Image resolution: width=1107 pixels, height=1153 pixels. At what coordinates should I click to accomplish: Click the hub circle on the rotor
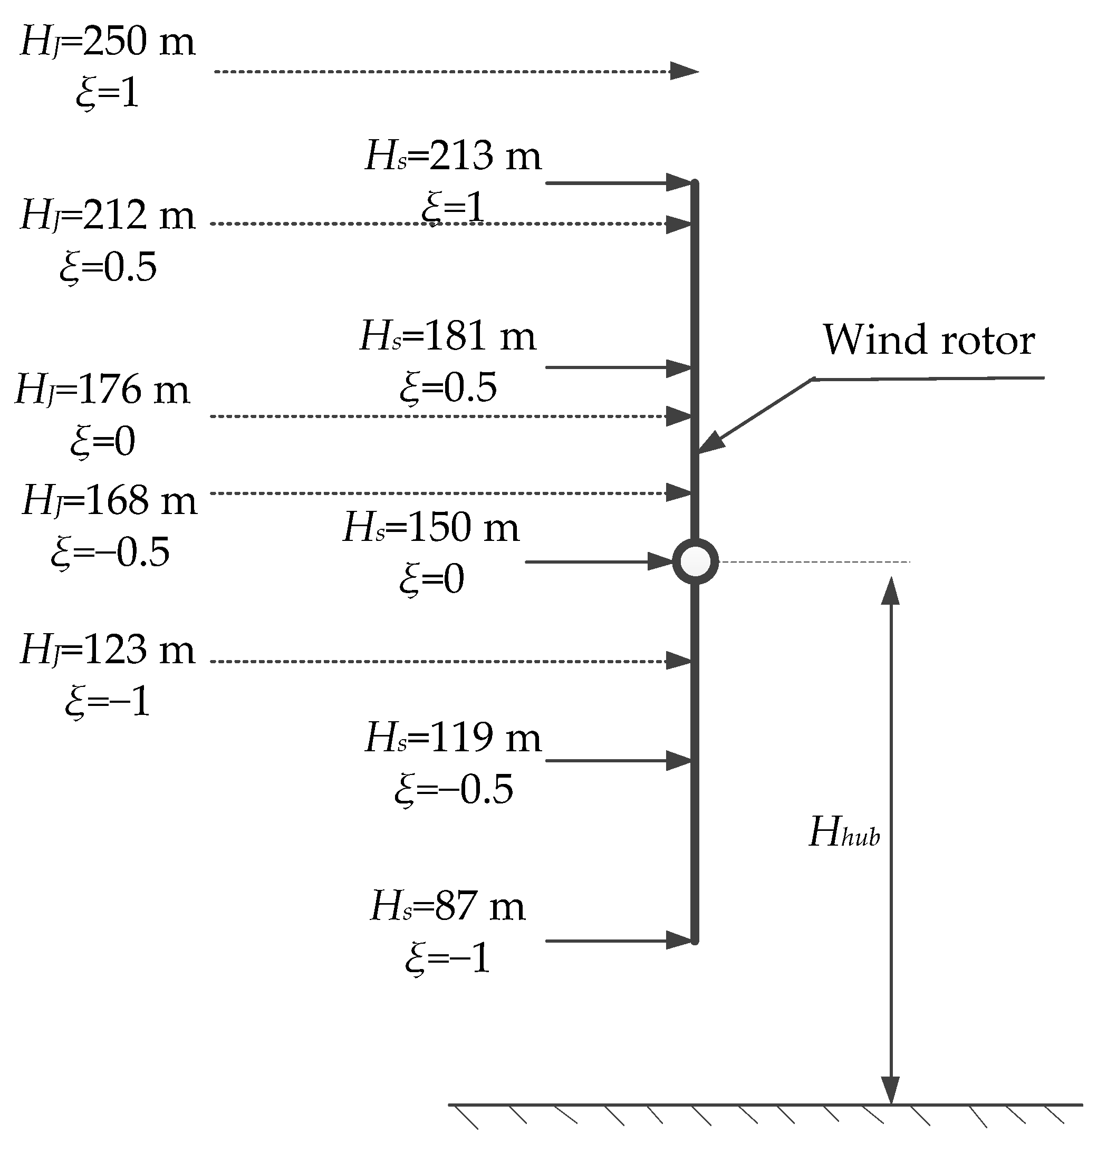(695, 562)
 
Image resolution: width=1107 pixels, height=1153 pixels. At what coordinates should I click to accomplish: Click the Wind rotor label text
(928, 341)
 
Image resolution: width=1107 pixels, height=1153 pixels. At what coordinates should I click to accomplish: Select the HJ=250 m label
(107, 43)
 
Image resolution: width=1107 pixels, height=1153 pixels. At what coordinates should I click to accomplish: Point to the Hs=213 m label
(453, 157)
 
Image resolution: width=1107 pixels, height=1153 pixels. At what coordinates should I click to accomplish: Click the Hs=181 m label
(447, 337)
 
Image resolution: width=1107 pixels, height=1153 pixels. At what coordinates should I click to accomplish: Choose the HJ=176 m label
(102, 390)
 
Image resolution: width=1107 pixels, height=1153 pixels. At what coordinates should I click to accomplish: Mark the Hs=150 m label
(431, 528)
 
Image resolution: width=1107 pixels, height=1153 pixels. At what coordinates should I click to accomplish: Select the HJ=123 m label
(107, 651)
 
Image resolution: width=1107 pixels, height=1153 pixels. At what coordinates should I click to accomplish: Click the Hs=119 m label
(453, 738)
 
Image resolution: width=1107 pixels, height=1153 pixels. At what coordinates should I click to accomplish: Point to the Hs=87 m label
(447, 907)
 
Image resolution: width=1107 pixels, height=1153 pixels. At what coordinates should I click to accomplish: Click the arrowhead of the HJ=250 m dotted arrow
(684, 71)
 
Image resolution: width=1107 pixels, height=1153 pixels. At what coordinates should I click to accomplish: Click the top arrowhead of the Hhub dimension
(891, 590)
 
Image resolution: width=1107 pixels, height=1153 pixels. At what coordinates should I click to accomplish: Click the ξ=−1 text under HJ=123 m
(108, 702)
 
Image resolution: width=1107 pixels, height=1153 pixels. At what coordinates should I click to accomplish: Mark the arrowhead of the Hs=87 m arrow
(679, 940)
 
